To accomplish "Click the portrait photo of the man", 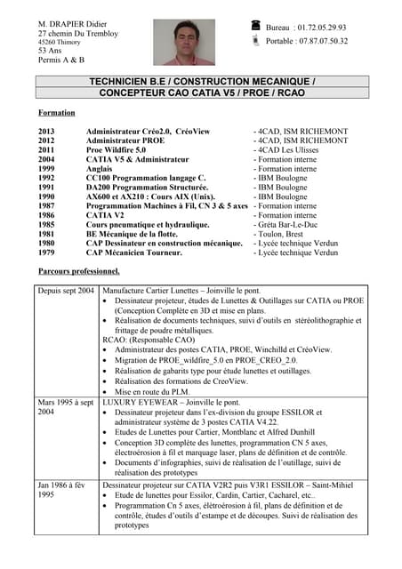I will (184, 42).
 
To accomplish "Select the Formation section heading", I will (57, 113).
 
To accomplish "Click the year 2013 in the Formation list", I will (46, 132).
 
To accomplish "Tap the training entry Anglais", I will (100, 169).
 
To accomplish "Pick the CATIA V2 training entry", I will (105, 215).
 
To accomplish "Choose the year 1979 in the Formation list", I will (46, 252).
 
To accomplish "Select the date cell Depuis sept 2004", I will (66, 291).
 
